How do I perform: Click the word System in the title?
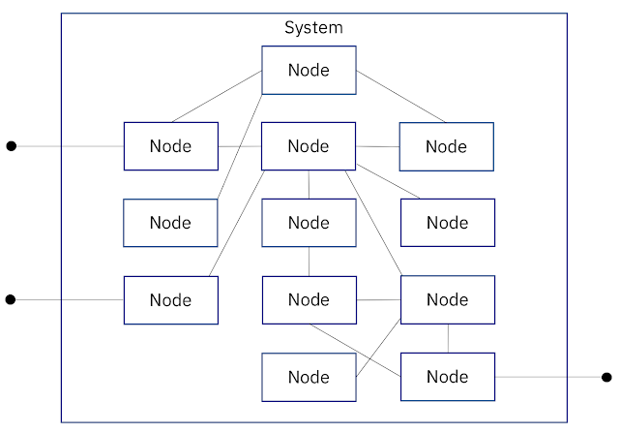[x=313, y=28]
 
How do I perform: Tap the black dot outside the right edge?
[x=606, y=377]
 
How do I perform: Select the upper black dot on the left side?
[x=12, y=146]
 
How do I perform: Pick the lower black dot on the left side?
[x=11, y=299]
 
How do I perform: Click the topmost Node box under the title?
[x=309, y=71]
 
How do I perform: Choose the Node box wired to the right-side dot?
[x=448, y=377]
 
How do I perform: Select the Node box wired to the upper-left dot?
[x=171, y=146]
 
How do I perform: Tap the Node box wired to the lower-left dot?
[x=171, y=300]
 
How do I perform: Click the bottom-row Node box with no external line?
[x=309, y=377]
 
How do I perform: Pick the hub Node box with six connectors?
[x=309, y=146]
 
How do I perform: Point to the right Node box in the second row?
[x=447, y=146]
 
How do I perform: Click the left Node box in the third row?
[x=170, y=223]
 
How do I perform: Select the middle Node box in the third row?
[x=309, y=223]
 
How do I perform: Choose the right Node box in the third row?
[x=448, y=223]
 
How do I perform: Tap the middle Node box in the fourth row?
[x=309, y=300]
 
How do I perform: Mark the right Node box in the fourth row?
[x=448, y=299]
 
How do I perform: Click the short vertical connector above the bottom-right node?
[x=448, y=338]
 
